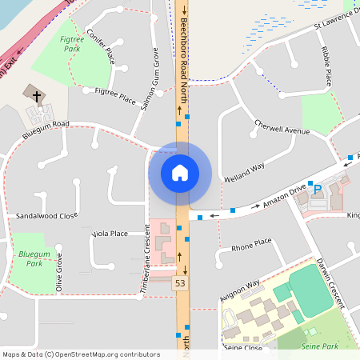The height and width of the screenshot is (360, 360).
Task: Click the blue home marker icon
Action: [180, 172]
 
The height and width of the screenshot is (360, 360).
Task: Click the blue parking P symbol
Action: [317, 190]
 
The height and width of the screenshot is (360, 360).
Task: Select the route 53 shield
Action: [180, 282]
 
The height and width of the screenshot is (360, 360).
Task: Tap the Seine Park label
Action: [320, 346]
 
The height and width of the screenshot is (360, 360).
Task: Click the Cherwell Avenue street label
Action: [281, 128]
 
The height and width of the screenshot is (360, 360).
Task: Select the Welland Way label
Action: [244, 172]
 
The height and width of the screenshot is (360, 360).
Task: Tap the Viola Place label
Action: [110, 234]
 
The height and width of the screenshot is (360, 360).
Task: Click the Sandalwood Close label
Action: [46, 216]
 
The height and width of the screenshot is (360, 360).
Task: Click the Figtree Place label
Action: [115, 93]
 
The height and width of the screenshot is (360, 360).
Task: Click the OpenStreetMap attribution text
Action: [81, 354]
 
